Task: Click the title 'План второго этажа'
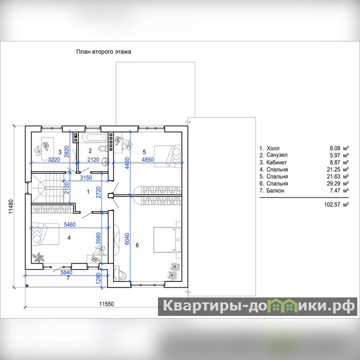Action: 103,52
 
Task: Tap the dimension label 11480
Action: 11,207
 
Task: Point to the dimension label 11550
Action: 106,304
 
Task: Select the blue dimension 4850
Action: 148,160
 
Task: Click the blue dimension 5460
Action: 70,225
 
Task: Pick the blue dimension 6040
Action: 127,239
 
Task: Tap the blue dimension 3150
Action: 86,177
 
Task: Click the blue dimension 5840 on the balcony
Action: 66,272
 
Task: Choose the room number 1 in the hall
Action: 88,192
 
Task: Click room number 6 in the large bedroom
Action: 137,245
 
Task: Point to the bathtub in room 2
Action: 94,138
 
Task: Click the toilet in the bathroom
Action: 103,149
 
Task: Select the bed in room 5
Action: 167,156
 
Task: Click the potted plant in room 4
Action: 38,257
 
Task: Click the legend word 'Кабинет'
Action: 276,162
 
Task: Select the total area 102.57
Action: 332,204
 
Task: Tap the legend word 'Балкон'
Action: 275,190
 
